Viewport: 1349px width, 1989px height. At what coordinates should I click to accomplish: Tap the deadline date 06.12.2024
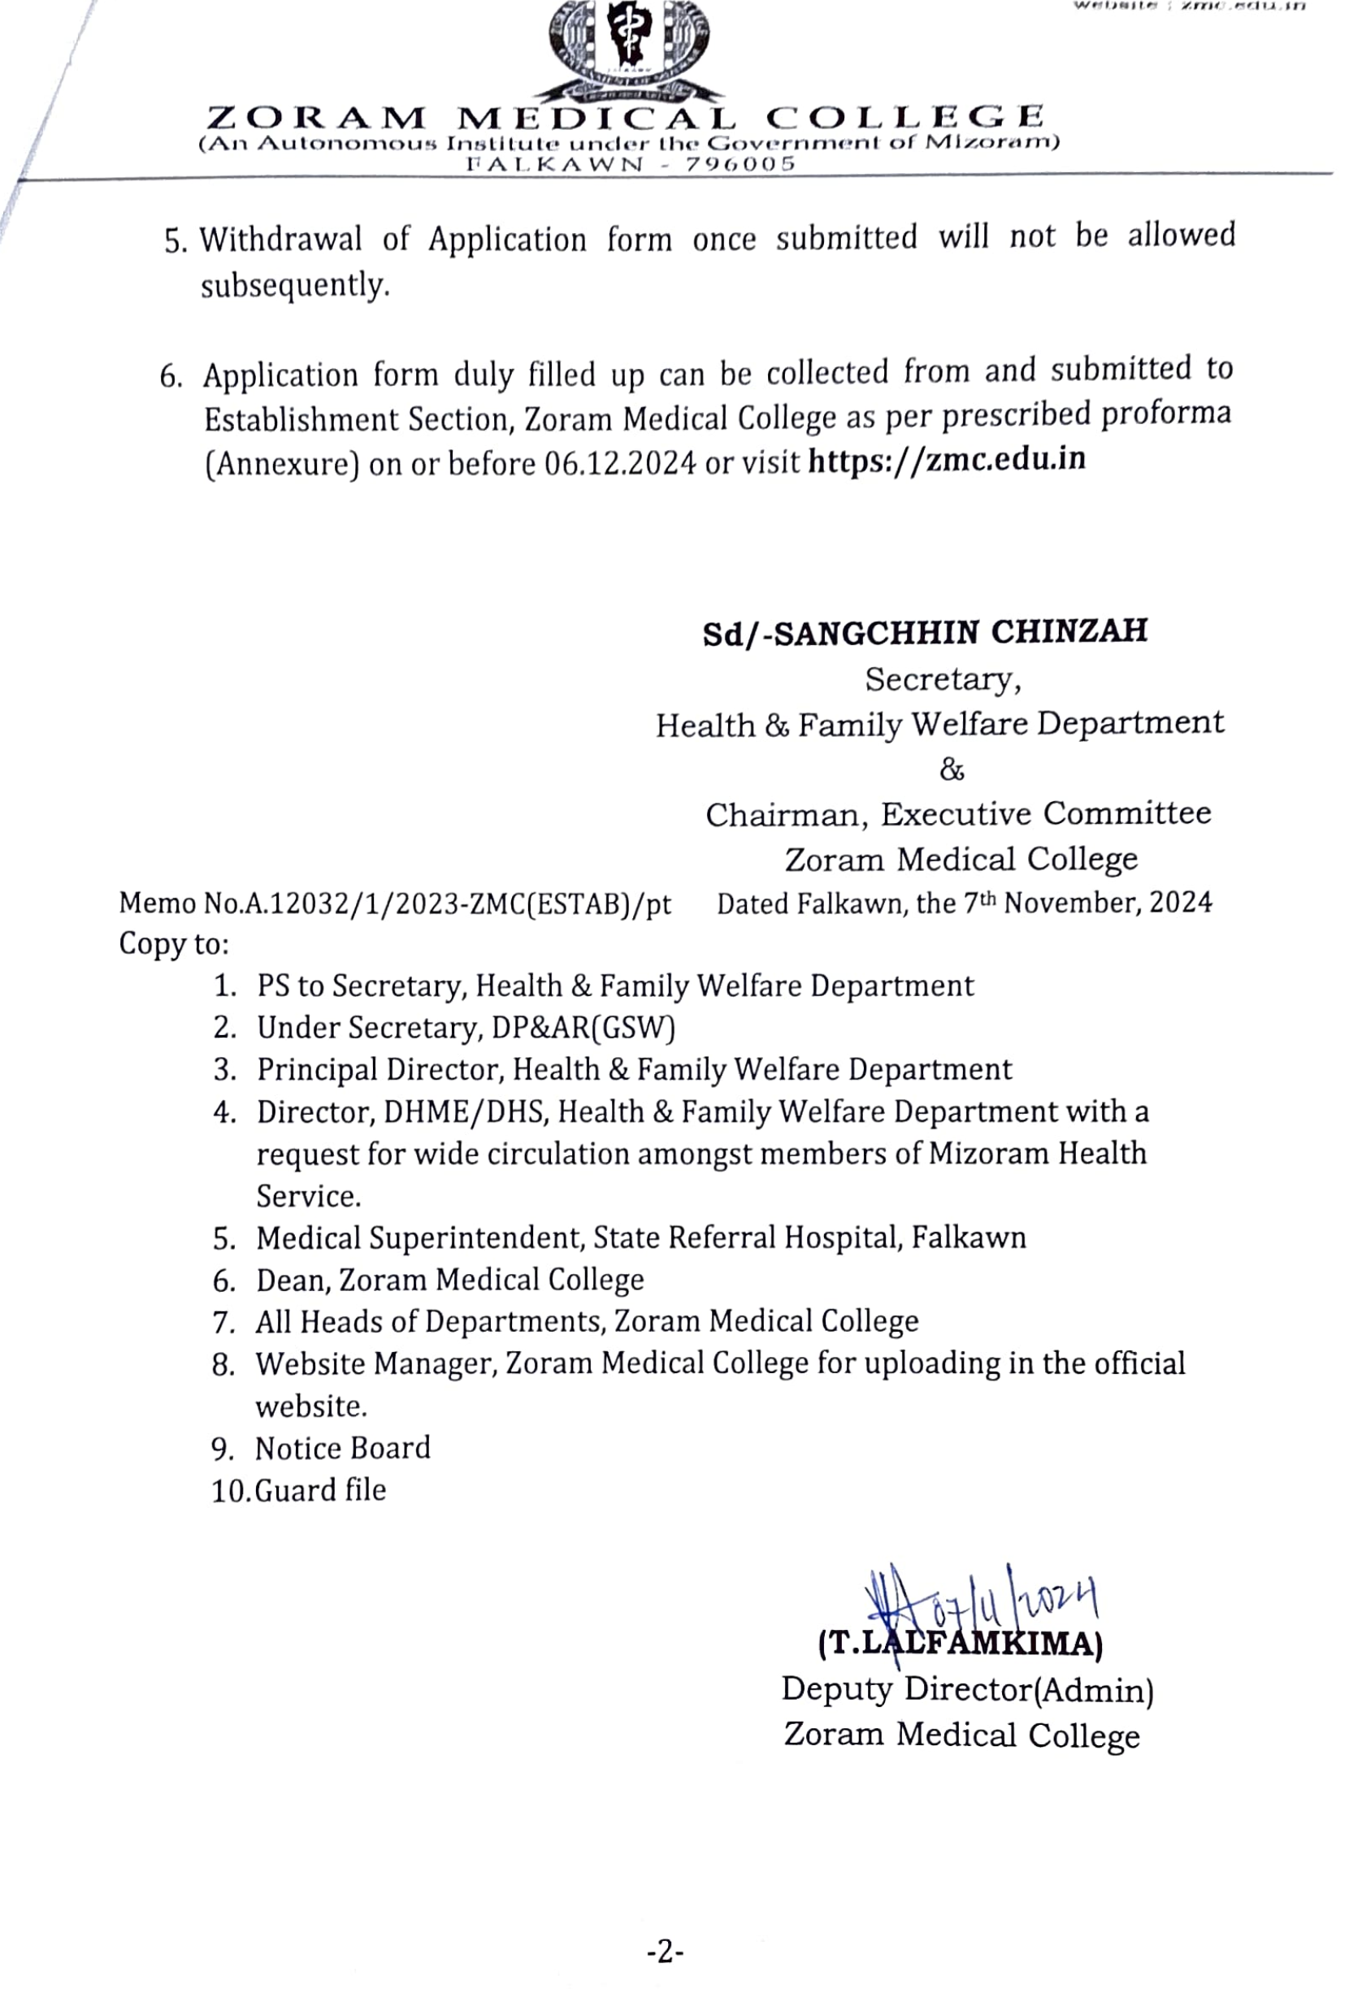(x=620, y=464)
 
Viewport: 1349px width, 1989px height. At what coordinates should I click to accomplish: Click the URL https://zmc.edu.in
(x=947, y=461)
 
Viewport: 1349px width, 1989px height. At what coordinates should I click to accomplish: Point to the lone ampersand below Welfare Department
(x=951, y=770)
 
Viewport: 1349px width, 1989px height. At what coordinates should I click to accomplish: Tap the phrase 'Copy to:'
(x=174, y=944)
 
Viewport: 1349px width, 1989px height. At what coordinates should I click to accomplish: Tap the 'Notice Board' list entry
(x=342, y=1448)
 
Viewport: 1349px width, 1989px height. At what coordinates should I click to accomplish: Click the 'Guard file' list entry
(x=321, y=1490)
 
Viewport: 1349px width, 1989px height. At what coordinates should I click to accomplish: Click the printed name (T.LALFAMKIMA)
(x=961, y=1643)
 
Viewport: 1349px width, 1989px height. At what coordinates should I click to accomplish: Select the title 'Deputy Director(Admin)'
(x=967, y=1689)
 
